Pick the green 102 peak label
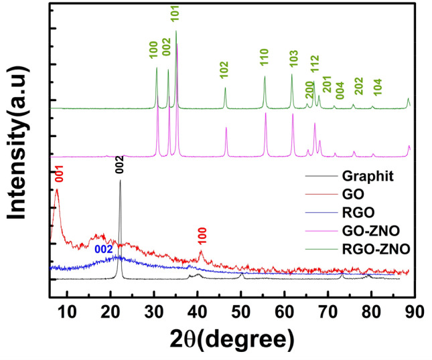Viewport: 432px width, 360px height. pos(224,70)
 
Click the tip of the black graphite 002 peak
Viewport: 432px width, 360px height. pos(120,180)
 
